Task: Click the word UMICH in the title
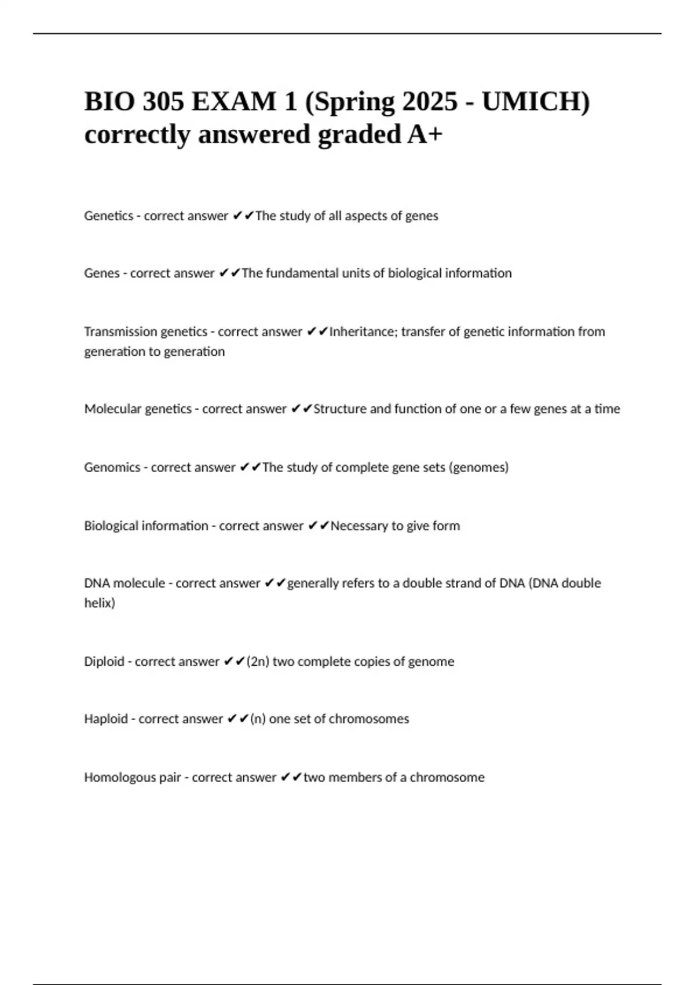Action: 535,102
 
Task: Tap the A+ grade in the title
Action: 425,135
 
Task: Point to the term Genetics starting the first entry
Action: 109,216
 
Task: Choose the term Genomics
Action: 112,467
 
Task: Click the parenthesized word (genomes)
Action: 479,467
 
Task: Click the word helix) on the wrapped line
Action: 100,603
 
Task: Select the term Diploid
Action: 104,661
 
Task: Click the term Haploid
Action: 106,719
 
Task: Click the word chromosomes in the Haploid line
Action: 369,719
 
